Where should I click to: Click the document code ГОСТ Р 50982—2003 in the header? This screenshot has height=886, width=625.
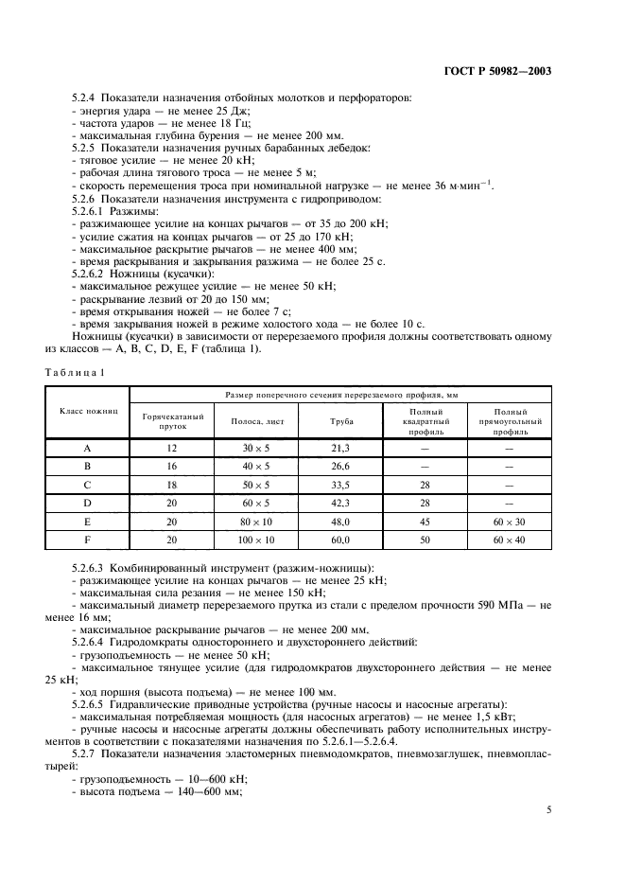click(510, 70)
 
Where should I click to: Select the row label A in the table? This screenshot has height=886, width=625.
click(87, 449)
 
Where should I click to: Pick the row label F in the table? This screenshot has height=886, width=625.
click(87, 539)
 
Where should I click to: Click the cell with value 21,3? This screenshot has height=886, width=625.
click(340, 449)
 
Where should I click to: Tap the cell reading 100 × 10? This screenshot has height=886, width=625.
click(255, 539)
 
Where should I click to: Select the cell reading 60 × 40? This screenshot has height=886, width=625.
click(509, 539)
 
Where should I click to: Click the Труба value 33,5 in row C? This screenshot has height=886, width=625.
click(340, 485)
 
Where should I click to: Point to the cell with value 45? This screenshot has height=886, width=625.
click(425, 521)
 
